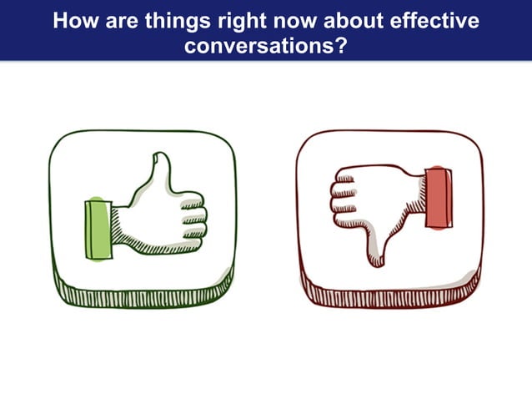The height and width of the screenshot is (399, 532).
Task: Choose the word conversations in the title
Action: [258, 44]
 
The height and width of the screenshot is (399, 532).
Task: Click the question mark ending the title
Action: [340, 44]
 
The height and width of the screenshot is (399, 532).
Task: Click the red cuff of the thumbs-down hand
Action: [439, 196]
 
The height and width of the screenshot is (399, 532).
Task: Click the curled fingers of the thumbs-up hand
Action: [191, 219]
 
